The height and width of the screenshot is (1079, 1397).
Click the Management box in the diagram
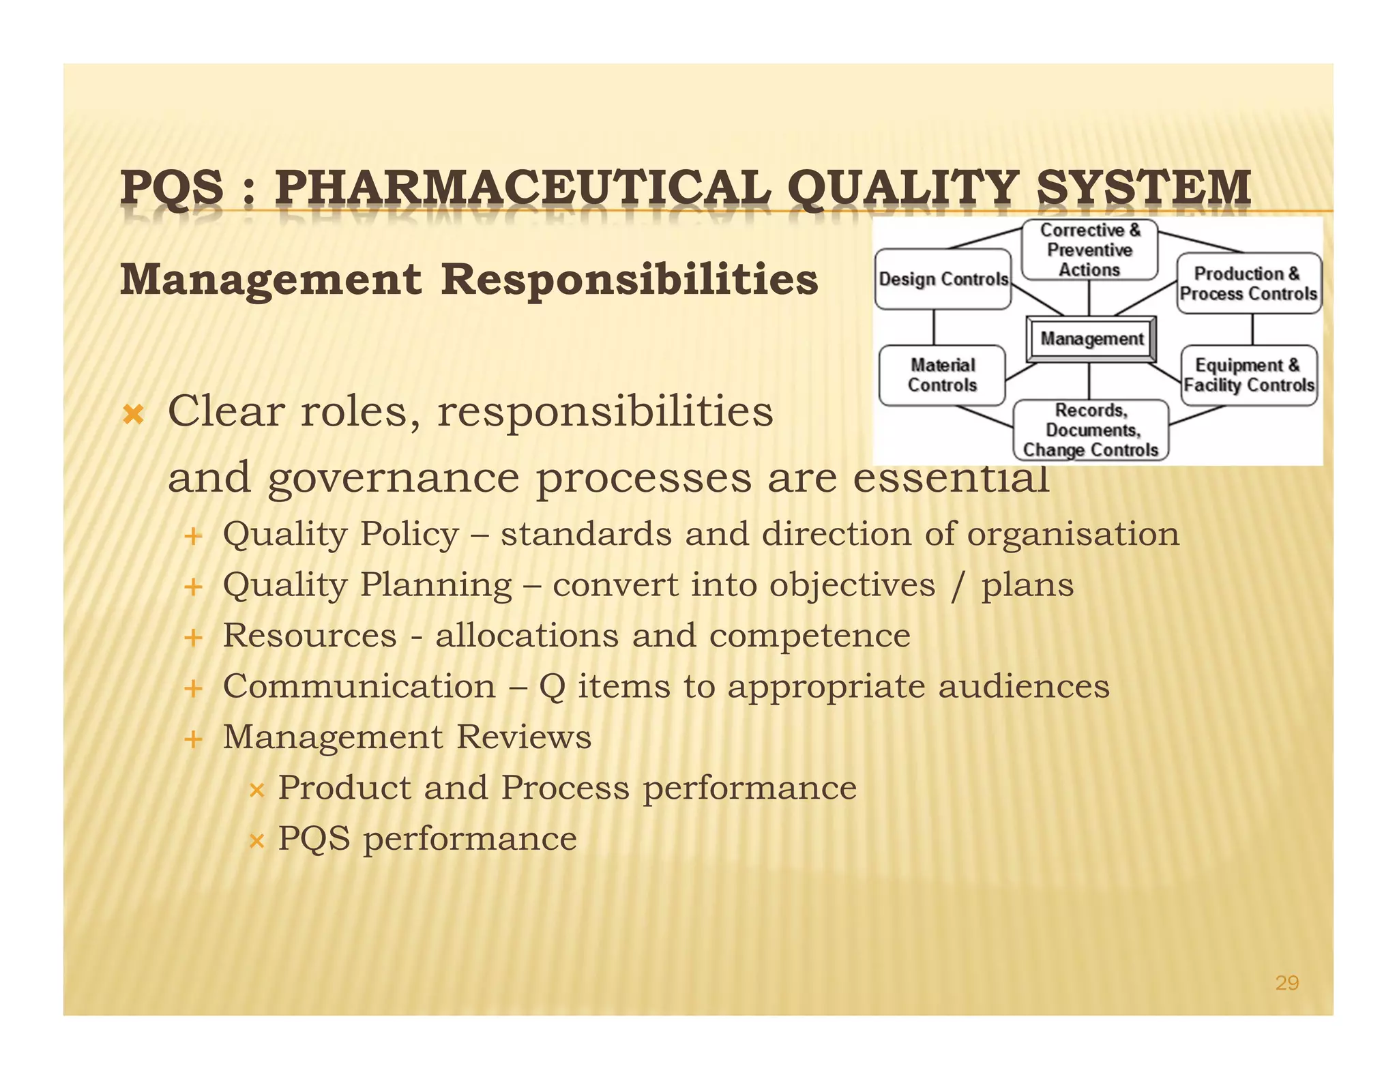1091,339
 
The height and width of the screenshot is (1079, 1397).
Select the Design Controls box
943,279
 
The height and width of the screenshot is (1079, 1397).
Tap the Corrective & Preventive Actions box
1089,250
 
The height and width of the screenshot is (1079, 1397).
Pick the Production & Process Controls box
1248,283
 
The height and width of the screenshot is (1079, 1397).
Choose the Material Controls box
942,375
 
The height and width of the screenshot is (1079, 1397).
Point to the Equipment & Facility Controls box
1248,375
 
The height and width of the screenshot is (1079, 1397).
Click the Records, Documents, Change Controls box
1090,430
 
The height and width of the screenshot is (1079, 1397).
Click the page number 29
1286,983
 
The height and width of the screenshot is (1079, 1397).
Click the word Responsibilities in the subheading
629,280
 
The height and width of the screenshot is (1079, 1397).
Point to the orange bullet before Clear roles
133,414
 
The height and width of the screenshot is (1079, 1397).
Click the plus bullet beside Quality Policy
194,536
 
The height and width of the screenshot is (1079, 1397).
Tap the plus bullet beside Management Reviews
194,739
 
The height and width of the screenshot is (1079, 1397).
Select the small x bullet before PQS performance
256,841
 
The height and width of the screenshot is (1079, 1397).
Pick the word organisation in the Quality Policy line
1073,535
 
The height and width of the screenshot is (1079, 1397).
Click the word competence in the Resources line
810,636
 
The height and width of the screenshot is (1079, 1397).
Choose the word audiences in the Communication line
1023,687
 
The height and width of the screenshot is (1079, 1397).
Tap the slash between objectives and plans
958,586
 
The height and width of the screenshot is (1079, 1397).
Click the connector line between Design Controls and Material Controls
934,327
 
